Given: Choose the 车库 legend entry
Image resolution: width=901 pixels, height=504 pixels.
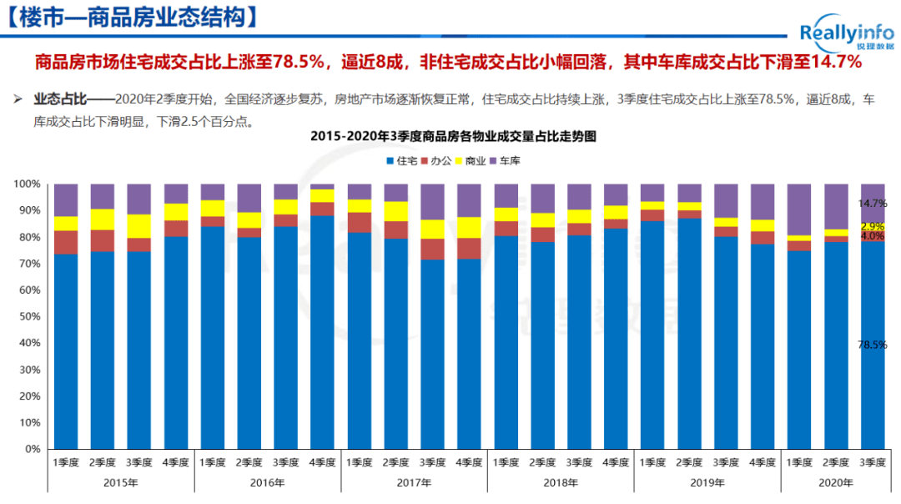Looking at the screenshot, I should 504,159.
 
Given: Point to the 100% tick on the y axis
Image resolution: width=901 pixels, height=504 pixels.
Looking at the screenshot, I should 28,184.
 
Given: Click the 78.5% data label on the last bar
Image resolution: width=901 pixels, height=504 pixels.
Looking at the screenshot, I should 873,344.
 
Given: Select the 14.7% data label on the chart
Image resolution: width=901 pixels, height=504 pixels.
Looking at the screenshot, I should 873,203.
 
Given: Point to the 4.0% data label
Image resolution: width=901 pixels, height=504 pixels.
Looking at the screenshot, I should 873,236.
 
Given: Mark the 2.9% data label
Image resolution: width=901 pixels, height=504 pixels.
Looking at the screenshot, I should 873,226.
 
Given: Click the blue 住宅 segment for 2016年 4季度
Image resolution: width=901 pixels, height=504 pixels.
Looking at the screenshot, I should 322,334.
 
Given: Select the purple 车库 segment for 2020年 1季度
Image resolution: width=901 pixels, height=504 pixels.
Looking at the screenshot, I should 799,209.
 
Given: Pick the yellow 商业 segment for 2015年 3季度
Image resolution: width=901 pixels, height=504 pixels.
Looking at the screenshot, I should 139,226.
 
